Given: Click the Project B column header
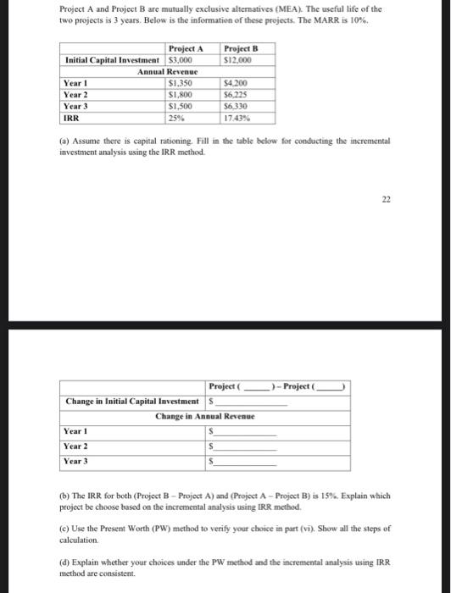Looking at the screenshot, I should point(238,49).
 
